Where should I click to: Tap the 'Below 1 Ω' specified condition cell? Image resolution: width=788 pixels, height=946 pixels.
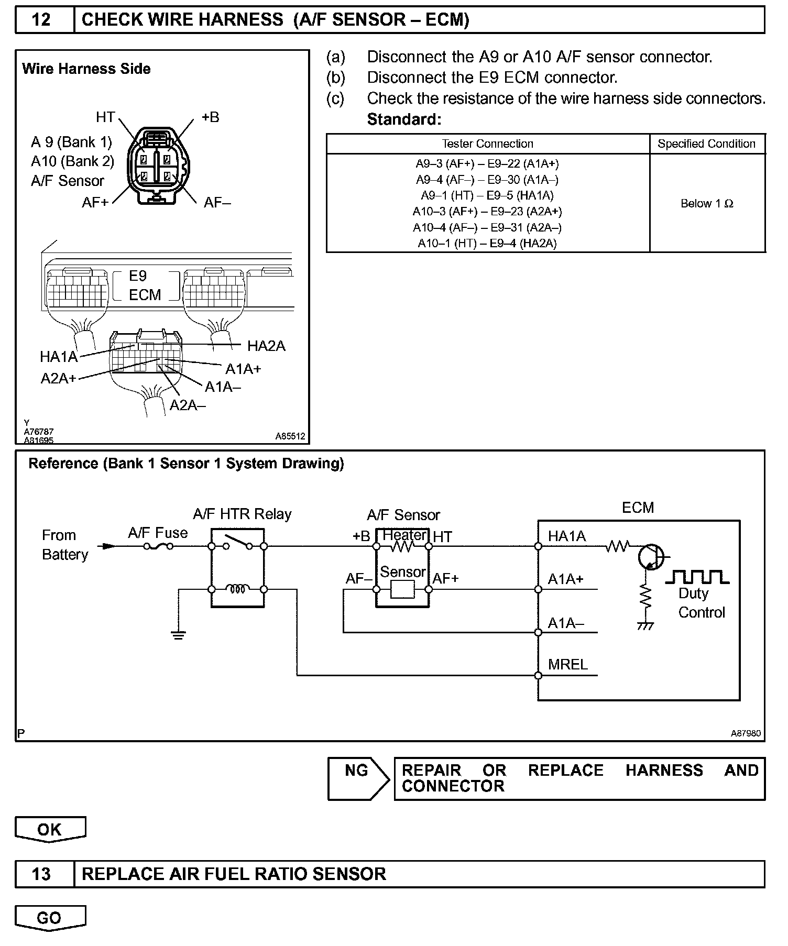[x=707, y=203]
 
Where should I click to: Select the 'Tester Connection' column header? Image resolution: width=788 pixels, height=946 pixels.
[x=487, y=144]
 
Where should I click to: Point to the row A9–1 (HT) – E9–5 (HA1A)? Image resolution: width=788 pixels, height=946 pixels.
[x=487, y=195]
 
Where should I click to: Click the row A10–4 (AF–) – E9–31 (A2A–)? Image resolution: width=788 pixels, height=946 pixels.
[x=487, y=227]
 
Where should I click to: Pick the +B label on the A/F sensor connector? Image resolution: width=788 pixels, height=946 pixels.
[x=210, y=117]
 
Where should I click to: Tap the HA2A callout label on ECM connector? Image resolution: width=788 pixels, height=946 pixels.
[x=266, y=346]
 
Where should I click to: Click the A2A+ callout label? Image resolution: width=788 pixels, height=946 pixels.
[x=58, y=378]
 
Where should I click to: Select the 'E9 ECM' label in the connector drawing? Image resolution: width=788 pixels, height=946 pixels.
[x=145, y=285]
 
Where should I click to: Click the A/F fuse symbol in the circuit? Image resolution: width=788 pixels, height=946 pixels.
[x=158, y=546]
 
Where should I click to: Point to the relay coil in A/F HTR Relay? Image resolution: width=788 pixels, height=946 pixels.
[x=237, y=589]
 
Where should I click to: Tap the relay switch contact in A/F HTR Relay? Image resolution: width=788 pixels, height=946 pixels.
[x=237, y=542]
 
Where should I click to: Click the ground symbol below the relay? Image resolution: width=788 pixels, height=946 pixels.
[x=179, y=636]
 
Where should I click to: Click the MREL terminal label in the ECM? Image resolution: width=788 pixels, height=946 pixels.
[x=568, y=665]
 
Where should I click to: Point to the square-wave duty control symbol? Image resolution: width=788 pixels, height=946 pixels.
[x=697, y=577]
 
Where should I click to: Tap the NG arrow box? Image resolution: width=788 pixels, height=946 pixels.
[x=358, y=778]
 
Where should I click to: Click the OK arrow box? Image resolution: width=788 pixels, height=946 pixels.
[x=50, y=829]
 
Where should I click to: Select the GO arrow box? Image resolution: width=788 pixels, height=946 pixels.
[x=50, y=918]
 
